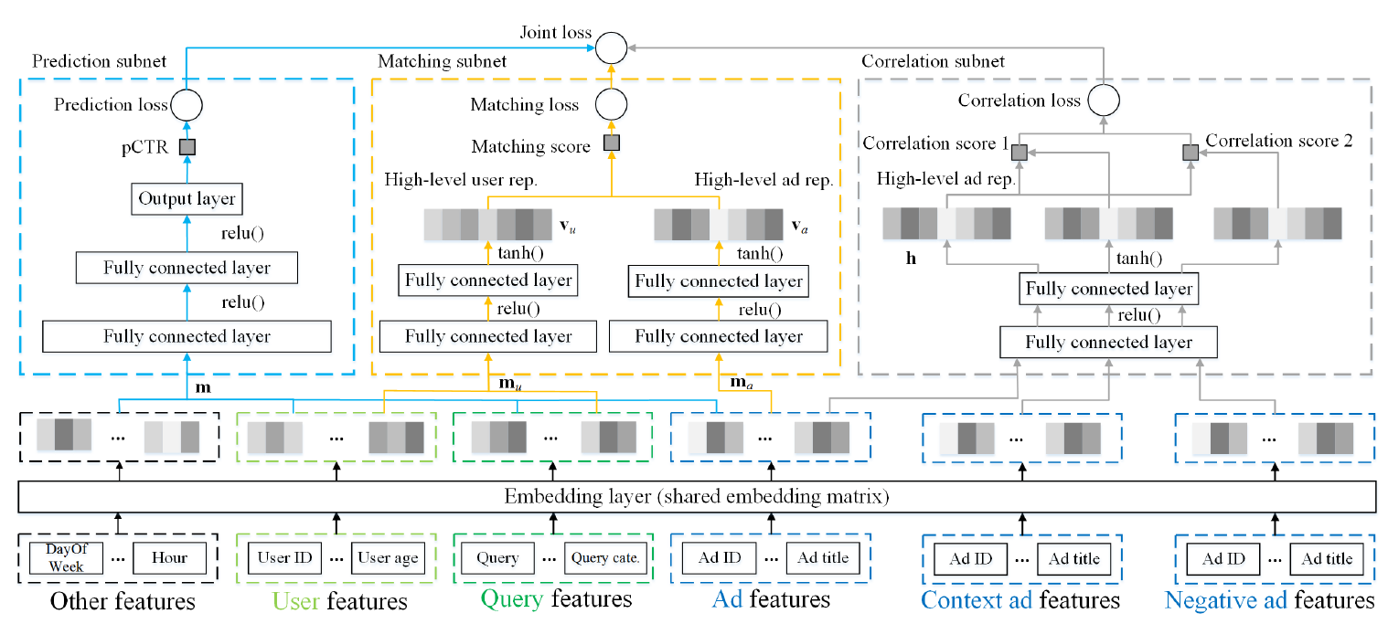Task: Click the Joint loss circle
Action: click(x=612, y=47)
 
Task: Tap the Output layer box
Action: click(x=187, y=198)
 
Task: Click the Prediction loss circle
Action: click(x=187, y=105)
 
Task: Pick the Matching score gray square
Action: click(x=611, y=143)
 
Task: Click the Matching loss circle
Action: click(x=611, y=104)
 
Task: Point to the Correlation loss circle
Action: click(x=1105, y=100)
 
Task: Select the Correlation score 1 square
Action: click(x=1020, y=153)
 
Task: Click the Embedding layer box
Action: click(x=698, y=498)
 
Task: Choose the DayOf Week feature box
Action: click(x=66, y=558)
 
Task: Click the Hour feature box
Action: click(x=170, y=557)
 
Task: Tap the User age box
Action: click(x=388, y=557)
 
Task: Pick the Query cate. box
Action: click(x=604, y=557)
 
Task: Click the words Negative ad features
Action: click(x=1269, y=600)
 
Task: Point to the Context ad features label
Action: click(x=1020, y=600)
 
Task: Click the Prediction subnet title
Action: click(x=100, y=61)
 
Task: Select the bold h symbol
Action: click(x=911, y=258)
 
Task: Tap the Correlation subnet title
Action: click(x=933, y=61)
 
